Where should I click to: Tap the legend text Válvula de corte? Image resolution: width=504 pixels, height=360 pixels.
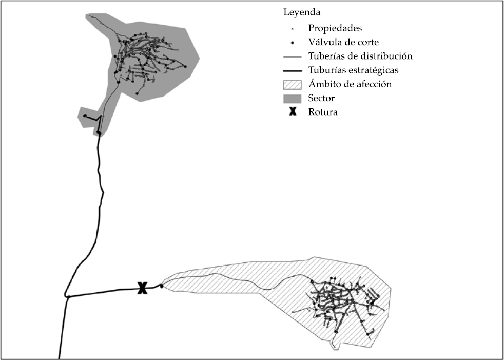point(343,42)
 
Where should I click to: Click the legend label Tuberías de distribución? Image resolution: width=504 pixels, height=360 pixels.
point(360,56)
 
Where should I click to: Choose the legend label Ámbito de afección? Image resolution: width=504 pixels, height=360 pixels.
point(350,84)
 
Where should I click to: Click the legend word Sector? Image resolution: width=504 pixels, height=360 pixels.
point(322,98)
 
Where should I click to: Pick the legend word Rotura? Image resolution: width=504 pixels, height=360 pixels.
point(323,111)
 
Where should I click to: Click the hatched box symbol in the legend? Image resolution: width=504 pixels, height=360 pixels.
point(292,84)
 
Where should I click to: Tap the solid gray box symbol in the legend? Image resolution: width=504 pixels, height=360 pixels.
point(292,98)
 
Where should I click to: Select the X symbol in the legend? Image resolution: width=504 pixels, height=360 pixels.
point(292,111)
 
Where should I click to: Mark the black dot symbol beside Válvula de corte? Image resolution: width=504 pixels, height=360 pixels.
point(292,43)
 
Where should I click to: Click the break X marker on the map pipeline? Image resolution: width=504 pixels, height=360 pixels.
point(142,289)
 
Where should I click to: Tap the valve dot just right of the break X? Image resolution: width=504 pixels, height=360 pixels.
point(161,286)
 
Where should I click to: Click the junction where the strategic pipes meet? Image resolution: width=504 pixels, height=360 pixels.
point(67,296)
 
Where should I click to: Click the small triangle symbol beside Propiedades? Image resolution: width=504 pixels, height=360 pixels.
point(292,28)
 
